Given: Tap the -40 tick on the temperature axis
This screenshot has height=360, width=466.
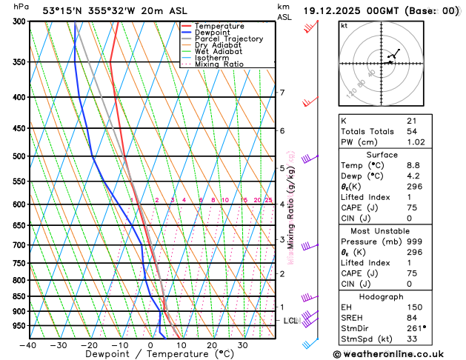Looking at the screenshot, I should click(x=29, y=344).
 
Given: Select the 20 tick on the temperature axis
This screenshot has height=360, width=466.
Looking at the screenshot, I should click(x=212, y=344).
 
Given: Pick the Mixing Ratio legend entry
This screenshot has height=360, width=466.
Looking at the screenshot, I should click(x=219, y=64).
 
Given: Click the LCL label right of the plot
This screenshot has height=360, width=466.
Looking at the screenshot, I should click(x=290, y=321).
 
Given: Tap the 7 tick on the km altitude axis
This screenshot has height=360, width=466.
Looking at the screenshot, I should click(x=282, y=93).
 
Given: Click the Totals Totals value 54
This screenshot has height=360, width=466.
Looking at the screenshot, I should click(x=413, y=130).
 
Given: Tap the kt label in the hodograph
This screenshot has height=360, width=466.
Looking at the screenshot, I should click(x=344, y=25).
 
